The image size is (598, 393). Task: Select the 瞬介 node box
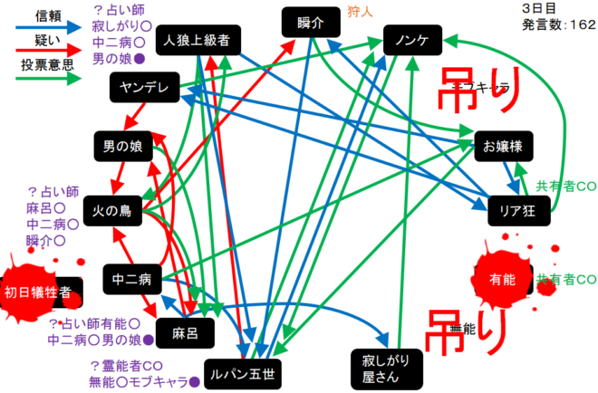310,23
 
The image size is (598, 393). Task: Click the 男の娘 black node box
122,145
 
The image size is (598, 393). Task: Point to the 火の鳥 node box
112,211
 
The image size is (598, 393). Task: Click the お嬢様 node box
501,145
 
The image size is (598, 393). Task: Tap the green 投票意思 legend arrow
42,79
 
